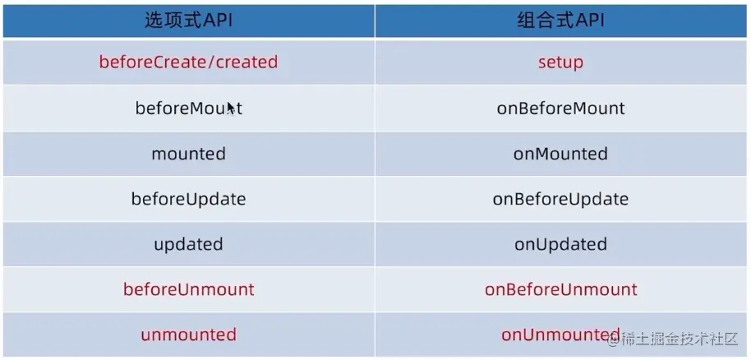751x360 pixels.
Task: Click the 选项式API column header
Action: pos(189,21)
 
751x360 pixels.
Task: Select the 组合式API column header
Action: pos(560,21)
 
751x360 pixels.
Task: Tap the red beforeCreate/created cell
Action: pos(189,62)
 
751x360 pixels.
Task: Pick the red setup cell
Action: pos(560,62)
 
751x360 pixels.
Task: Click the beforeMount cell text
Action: pos(189,108)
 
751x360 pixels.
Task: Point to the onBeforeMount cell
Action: pos(560,108)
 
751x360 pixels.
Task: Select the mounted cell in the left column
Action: pos(189,154)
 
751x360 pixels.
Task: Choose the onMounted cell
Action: pos(560,154)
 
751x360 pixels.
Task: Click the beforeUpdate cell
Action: pos(189,199)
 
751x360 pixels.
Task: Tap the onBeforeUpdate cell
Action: pos(560,199)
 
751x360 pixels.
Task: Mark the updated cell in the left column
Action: pos(189,244)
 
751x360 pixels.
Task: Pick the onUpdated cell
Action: pos(560,244)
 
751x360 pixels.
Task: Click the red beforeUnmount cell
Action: pos(189,289)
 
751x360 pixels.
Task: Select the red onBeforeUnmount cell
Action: pos(560,289)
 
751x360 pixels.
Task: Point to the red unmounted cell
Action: pos(189,335)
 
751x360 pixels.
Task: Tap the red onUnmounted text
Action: pos(560,335)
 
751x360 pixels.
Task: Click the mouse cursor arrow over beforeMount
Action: pos(232,108)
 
